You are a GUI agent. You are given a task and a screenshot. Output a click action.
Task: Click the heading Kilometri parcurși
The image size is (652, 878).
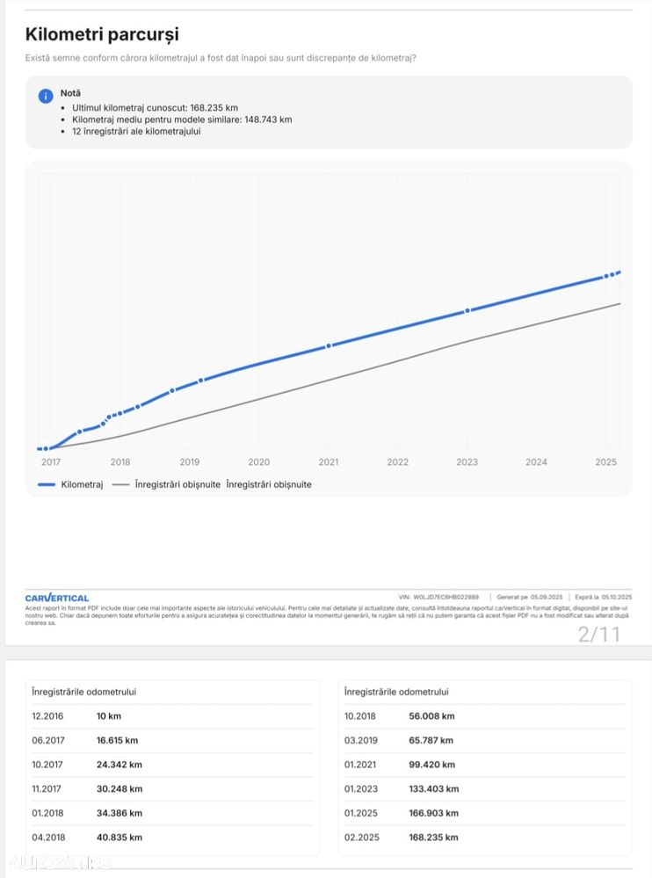pos(102,35)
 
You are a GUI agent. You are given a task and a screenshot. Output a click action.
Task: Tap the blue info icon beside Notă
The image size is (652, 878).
pos(46,96)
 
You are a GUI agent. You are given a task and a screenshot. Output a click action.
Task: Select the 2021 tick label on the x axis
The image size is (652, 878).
pos(328,462)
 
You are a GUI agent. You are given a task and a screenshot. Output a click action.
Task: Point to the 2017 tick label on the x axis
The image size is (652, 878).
pos(51,462)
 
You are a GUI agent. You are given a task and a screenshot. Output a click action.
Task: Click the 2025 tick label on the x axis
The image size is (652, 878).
pos(605,462)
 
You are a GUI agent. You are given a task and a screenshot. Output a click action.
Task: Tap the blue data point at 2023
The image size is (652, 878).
pos(467,310)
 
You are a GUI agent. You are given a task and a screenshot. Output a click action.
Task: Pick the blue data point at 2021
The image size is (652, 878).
pos(329,345)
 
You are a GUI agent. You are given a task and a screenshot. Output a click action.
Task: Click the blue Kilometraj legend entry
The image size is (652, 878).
pos(71,484)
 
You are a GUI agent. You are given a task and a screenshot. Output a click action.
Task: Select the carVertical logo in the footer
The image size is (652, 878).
pos(57,598)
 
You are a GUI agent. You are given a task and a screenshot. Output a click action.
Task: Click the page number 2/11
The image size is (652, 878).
pos(598,634)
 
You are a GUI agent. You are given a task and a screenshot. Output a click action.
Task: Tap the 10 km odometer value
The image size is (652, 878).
pos(109,716)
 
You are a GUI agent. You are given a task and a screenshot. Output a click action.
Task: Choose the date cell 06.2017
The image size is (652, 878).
pos(47,740)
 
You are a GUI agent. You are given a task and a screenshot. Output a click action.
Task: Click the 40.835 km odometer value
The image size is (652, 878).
pos(120,838)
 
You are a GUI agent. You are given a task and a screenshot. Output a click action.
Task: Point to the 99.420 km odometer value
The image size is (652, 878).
pos(431,765)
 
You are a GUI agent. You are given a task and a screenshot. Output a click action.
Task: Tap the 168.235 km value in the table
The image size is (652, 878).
pos(433,838)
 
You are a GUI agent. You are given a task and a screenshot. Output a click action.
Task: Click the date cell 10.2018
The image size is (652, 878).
pos(360,716)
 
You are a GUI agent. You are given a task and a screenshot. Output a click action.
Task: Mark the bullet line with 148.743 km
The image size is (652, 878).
pos(182,120)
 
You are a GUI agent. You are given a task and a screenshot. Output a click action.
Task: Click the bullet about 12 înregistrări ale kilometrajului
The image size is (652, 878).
pos(136,132)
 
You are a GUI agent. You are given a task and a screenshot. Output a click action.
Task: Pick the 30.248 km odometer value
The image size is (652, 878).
pos(120,789)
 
